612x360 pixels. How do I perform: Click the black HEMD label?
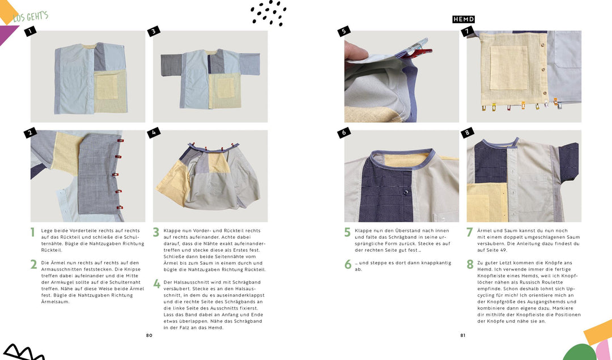(x=463, y=19)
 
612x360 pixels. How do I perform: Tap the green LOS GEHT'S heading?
(x=30, y=16)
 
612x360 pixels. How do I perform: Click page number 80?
(x=149, y=335)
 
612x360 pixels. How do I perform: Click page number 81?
(x=462, y=335)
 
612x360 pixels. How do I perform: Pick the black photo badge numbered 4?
(x=153, y=133)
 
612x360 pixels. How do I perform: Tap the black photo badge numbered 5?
(x=343, y=32)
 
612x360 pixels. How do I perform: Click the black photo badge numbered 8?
(x=467, y=133)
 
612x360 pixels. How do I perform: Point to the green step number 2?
(x=33, y=264)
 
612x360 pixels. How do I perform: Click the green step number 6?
(x=347, y=264)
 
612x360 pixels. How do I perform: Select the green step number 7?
(x=470, y=232)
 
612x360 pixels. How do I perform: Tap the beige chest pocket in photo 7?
(x=508, y=67)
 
